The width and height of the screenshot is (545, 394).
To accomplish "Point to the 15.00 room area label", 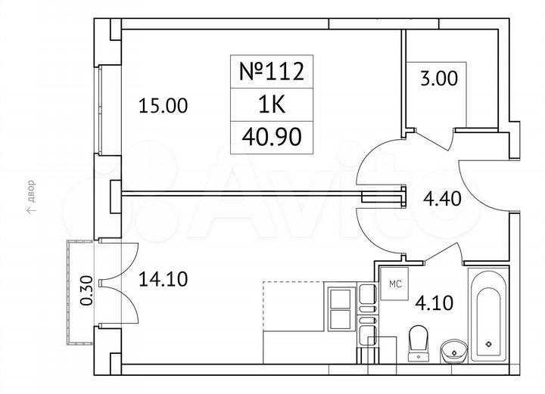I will pos(162,106).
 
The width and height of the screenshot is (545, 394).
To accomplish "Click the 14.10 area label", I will pos(162,280).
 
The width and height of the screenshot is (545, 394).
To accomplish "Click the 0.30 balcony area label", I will pos(86,290).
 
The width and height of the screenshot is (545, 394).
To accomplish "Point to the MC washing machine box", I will pos(394,285).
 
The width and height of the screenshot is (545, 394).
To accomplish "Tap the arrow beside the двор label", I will pos(30,212).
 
